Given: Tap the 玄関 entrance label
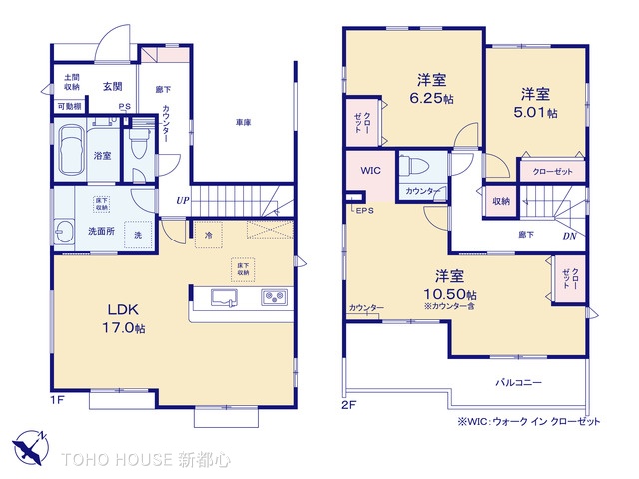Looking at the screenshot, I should (x=111, y=87).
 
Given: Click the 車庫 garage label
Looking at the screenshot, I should (x=243, y=122).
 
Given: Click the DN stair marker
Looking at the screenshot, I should (x=568, y=236).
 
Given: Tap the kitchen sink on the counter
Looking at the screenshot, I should (x=221, y=297).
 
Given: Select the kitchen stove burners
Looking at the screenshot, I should (x=275, y=297).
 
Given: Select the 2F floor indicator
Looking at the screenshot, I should (x=349, y=404).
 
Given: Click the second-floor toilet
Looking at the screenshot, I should (x=414, y=165).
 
